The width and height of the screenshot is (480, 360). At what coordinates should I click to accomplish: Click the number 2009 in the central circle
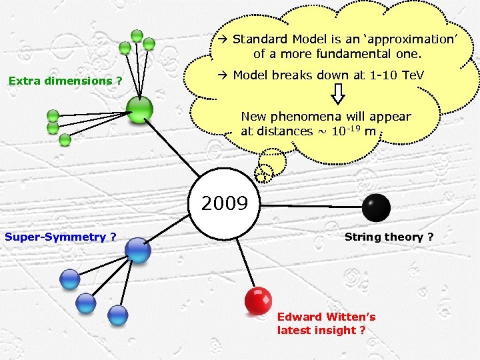point(224,203)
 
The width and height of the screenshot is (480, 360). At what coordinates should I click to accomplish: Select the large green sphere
point(140,109)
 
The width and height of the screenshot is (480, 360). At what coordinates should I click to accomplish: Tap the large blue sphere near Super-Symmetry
point(139,250)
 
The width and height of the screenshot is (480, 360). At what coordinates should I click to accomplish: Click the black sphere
point(377,207)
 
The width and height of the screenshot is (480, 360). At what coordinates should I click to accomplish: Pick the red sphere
point(258,301)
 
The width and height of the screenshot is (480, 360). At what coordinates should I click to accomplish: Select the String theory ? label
point(389,237)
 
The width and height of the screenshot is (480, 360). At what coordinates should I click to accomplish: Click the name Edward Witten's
point(326,317)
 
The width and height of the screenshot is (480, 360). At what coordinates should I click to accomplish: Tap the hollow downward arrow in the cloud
point(338,94)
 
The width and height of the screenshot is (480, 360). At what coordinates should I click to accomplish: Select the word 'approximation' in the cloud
point(407,39)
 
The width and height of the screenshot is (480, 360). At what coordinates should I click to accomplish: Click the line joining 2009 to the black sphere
point(310,205)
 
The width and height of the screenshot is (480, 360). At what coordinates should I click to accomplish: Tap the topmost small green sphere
point(137,35)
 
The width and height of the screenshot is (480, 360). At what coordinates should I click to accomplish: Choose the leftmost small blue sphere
point(69,279)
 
